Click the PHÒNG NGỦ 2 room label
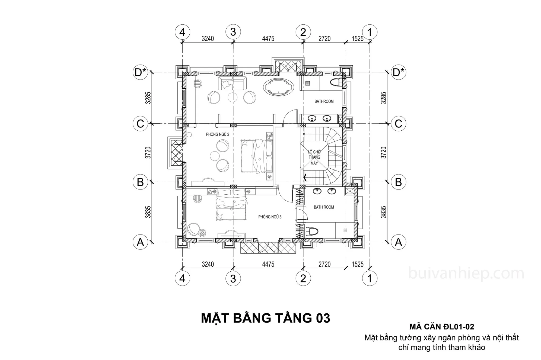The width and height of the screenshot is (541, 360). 218,134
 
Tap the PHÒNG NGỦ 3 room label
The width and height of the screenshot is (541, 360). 270,217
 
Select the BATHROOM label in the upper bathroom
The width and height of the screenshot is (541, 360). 324,101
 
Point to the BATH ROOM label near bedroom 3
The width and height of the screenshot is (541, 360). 324,207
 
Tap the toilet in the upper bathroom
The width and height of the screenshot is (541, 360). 337,82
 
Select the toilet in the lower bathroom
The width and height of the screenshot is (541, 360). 313,231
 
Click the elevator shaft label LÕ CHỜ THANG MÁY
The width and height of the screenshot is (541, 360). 314,157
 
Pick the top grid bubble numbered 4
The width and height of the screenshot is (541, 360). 182,32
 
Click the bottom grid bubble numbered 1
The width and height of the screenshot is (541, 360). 370,278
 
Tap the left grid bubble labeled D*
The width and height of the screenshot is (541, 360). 140,72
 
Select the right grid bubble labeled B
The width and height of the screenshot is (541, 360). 398,182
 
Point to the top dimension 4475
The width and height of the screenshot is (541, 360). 268,38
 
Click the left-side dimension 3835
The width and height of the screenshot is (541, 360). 148,212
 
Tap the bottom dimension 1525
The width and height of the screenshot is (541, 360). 357,264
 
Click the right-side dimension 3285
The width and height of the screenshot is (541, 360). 383,98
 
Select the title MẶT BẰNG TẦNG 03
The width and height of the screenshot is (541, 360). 266,318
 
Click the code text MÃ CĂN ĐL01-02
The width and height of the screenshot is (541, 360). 442,327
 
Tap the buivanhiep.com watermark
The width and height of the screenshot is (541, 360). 466,273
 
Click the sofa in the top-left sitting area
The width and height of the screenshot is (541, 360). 232,83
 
